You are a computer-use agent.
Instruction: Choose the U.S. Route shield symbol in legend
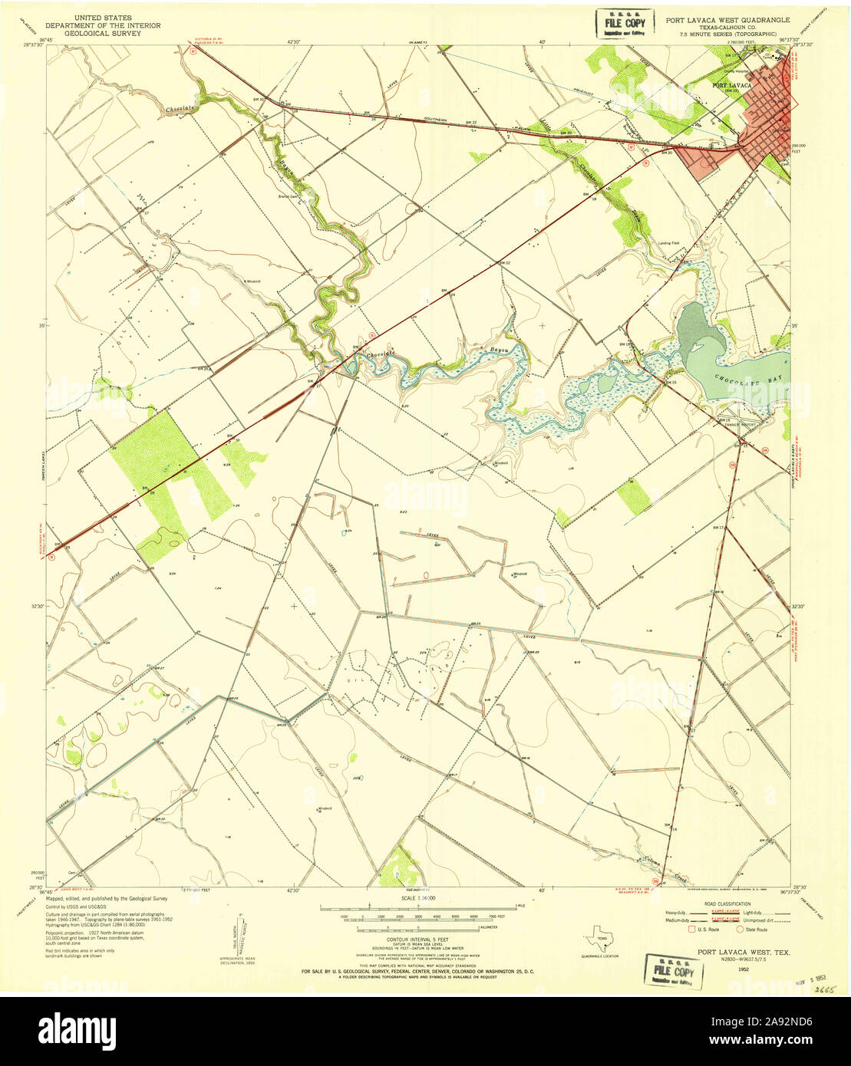tap(693, 929)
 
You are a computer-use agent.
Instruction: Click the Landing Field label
tap(669, 243)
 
